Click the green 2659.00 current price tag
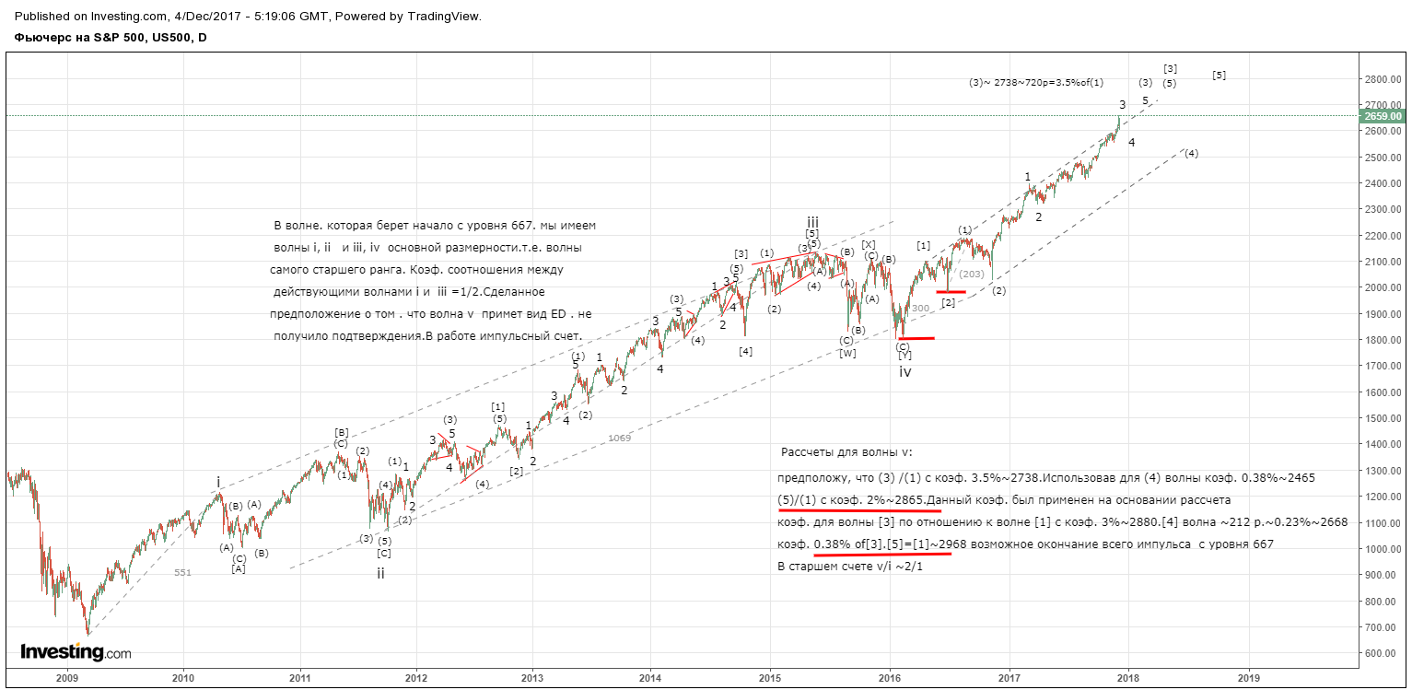1383,116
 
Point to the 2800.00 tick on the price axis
1383,79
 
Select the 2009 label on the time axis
67,678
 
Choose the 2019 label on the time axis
1249,678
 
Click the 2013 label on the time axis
532,678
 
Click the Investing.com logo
76,651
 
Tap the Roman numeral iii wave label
812,222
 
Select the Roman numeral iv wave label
904,372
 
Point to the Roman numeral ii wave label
380,573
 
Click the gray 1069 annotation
619,438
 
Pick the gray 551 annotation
182,573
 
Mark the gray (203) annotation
972,274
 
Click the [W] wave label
847,353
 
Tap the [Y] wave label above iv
904,355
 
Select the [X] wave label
868,245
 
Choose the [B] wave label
341,433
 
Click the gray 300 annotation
920,309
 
